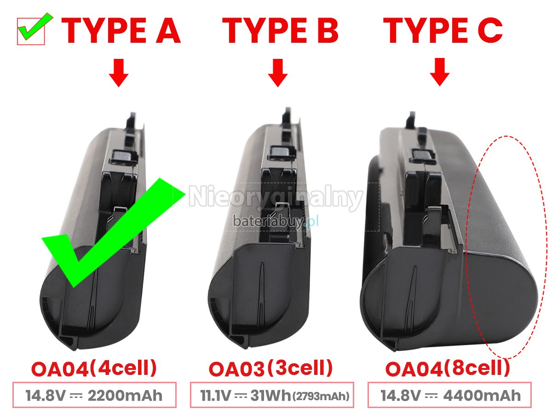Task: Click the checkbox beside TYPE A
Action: (x=31, y=31)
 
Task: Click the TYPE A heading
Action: (x=121, y=31)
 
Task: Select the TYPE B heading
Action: (x=280, y=31)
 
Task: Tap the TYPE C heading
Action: (x=443, y=31)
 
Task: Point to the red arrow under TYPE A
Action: (x=119, y=73)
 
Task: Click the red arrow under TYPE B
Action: (x=278, y=73)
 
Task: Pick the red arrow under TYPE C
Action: (x=440, y=72)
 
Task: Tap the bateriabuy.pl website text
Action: (x=276, y=221)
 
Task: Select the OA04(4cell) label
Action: (x=94, y=368)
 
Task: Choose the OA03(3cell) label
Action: (x=270, y=368)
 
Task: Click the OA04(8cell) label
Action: (x=448, y=368)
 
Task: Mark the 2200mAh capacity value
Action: (x=125, y=396)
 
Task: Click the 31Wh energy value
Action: (x=270, y=396)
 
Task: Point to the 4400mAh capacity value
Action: (x=482, y=396)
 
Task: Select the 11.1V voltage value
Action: (x=216, y=396)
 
